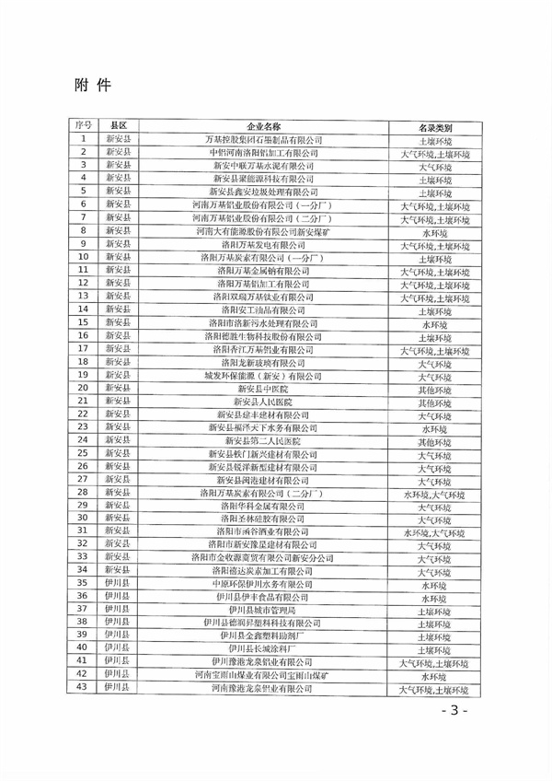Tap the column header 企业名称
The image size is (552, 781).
[263, 126]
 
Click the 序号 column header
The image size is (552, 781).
[83, 125]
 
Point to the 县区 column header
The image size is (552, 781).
[118, 125]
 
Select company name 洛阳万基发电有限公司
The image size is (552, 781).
[263, 246]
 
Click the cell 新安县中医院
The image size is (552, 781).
[263, 389]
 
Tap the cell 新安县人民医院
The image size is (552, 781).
[263, 402]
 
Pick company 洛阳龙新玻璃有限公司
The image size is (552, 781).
[263, 363]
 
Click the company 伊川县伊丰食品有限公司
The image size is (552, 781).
[263, 597]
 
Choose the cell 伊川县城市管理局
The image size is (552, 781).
[263, 610]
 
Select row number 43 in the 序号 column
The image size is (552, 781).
[83, 687]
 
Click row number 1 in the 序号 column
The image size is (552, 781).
[83, 139]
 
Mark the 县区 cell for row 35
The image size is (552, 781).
[118, 583]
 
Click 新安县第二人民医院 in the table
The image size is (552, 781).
[263, 441]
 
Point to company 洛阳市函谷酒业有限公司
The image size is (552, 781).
[263, 531]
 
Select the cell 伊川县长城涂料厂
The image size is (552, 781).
[263, 648]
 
